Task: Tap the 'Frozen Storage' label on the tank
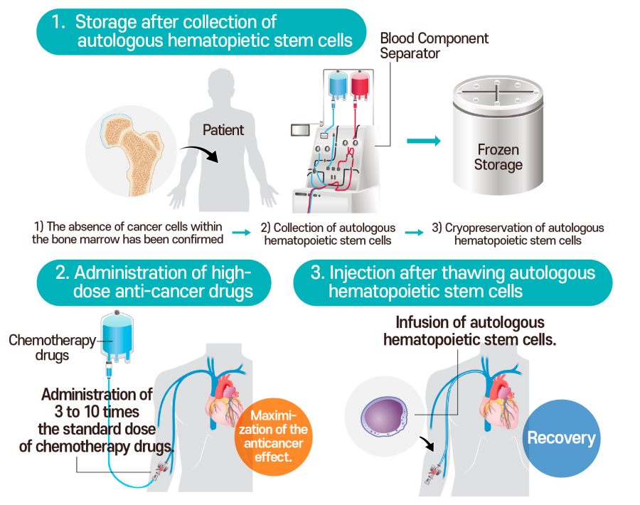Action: [x=498, y=158]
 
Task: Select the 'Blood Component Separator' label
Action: [x=434, y=46]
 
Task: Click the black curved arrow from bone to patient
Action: [x=196, y=152]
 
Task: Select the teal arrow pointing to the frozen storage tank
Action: [x=423, y=141]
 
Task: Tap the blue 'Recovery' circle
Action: [x=561, y=437]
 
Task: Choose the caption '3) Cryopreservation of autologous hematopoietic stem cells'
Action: [x=518, y=234]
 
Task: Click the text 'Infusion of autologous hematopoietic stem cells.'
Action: [x=469, y=331]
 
